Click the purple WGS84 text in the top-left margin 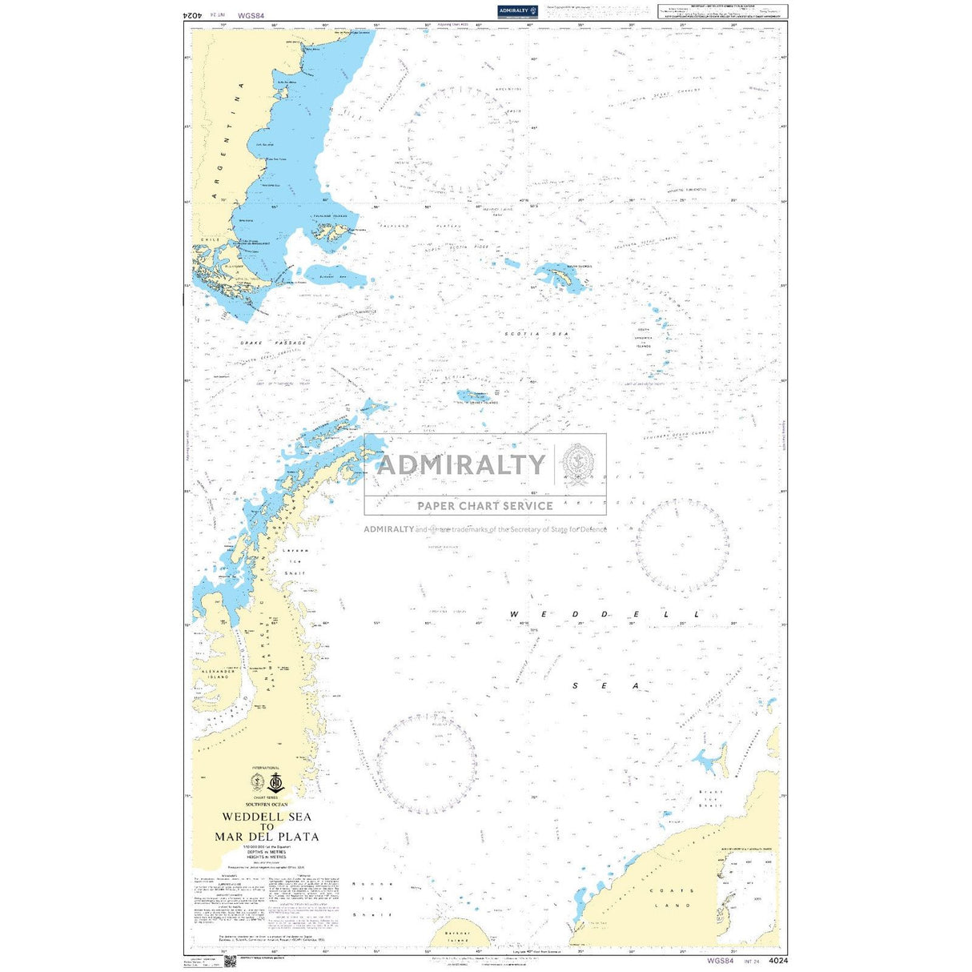coord(251,14)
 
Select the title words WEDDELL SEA coord(267,817)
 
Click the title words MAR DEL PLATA coord(267,837)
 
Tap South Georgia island coord(560,277)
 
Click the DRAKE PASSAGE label coord(273,343)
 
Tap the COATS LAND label coord(672,898)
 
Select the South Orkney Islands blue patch coord(473,395)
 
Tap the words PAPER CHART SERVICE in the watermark coord(484,506)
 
